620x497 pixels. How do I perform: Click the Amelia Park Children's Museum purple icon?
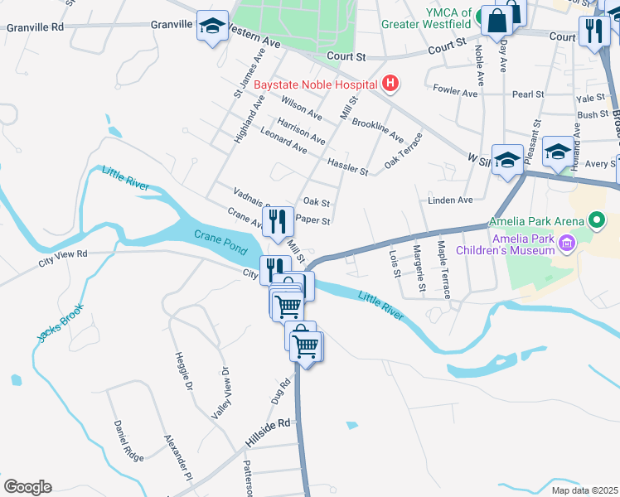(x=567, y=243)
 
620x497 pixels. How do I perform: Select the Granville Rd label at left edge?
(x=35, y=27)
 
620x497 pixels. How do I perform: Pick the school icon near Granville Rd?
(x=213, y=27)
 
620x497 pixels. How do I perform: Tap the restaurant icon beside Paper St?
(x=278, y=221)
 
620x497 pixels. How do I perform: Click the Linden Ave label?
(x=450, y=200)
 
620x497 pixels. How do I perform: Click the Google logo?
(x=27, y=487)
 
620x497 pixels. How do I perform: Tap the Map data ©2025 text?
(x=584, y=490)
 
